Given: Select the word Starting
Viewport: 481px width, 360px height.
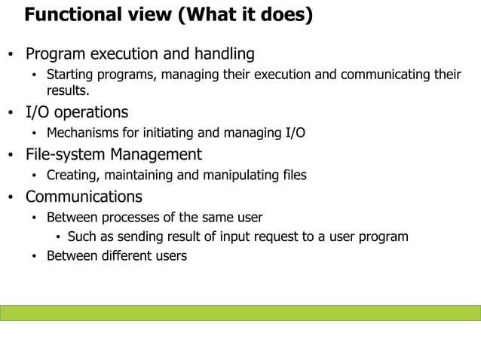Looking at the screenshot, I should coord(72,75).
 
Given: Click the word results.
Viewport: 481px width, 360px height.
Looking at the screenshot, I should coord(68,91).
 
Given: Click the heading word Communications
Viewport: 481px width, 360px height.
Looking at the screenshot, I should coord(84,197).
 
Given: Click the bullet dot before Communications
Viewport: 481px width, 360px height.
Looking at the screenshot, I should coord(11,199).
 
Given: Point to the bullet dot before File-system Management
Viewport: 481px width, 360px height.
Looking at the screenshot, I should coord(11,157).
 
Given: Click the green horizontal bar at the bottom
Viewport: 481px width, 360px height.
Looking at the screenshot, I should coord(240,313).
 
